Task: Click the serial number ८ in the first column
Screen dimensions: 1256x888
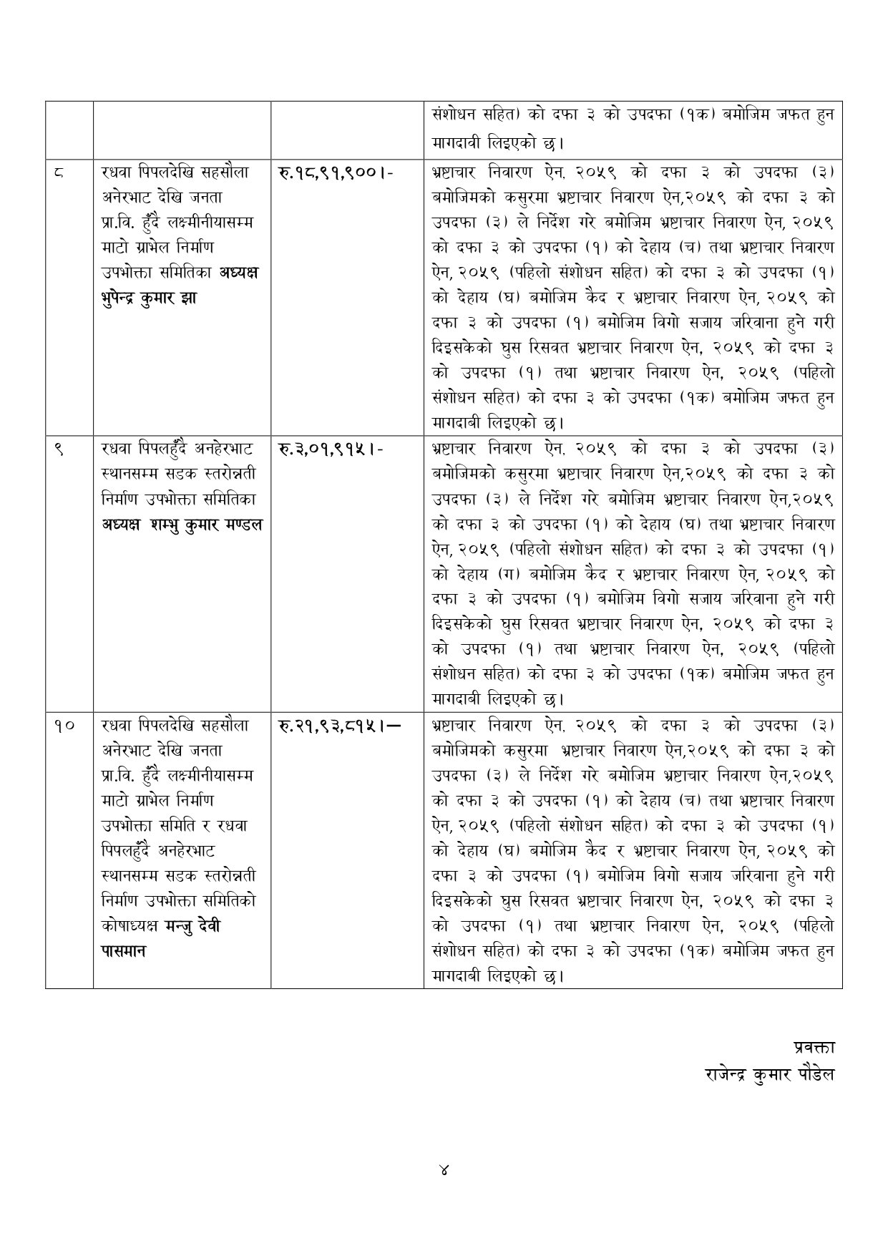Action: click(x=59, y=172)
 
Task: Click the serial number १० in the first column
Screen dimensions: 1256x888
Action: click(x=63, y=726)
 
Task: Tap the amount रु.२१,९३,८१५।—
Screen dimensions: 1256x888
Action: click(x=338, y=726)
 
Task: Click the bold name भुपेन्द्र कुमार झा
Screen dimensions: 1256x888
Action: click(x=149, y=298)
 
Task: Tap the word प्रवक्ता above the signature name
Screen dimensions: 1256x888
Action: click(x=814, y=1046)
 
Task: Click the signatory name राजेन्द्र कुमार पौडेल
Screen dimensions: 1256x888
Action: click(x=769, y=1074)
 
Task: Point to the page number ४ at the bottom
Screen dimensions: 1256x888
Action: click(x=444, y=1171)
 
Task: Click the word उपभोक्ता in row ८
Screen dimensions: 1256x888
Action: click(x=132, y=273)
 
